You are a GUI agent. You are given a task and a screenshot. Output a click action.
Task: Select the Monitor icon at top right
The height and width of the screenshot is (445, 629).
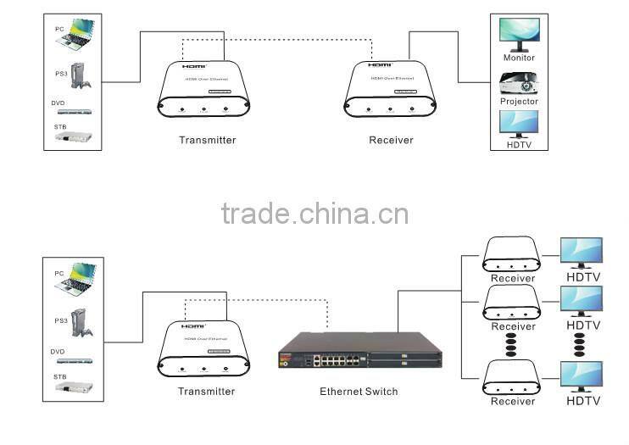tap(519, 35)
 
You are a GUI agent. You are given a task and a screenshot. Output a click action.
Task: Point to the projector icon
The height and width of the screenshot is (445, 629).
tap(519, 83)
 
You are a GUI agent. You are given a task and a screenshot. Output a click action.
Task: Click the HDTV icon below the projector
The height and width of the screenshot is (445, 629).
tap(519, 124)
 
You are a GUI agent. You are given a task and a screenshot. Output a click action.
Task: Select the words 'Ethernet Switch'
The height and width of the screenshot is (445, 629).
tap(359, 392)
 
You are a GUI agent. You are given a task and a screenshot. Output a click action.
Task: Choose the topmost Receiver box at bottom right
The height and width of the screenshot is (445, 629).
tap(511, 254)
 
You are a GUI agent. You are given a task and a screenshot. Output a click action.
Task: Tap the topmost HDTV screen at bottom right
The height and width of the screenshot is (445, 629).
tap(582, 253)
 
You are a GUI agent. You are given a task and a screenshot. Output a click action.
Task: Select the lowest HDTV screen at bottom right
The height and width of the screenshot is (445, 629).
tap(582, 375)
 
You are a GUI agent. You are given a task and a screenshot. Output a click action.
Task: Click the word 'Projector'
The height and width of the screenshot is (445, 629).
tap(519, 102)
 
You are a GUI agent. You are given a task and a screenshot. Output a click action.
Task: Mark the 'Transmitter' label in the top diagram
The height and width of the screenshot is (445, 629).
tap(207, 140)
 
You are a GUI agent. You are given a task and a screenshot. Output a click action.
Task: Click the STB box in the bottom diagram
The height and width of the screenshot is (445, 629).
tap(75, 388)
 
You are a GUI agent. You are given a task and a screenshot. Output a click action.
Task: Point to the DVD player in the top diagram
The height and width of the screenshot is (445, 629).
tap(75, 111)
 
